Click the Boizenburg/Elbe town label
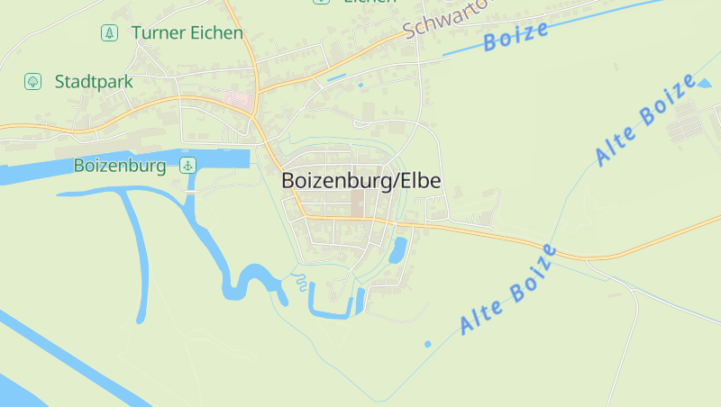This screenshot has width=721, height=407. point(361,180)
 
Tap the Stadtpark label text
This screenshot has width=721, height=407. point(94,82)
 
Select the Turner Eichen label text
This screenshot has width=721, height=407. point(187,33)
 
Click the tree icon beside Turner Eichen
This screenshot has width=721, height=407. point(109,33)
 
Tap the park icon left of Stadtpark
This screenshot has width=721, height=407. point(32,82)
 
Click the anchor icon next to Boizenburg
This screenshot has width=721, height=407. point(187,165)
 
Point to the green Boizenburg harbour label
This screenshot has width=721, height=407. point(120,166)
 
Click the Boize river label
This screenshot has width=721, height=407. point(516,36)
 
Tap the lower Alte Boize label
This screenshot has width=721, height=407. point(508,289)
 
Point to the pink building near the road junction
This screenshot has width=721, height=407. point(239,99)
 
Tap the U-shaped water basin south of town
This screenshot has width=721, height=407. point(334,305)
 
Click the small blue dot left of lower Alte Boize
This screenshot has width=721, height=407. point(428,343)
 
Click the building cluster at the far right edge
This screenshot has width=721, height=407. point(689,122)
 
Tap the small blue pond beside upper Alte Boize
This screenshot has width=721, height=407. point(703,86)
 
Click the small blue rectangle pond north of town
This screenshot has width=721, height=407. point(336,78)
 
